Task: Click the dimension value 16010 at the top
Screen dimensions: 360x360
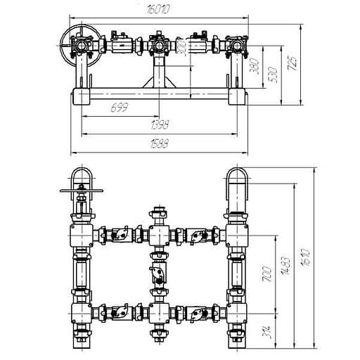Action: pos(157,10)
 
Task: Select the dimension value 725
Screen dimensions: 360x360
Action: pos(292,63)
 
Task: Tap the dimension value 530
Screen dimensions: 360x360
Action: pos(273,75)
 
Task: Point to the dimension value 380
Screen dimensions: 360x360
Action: pos(255,66)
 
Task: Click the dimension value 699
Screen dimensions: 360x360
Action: pos(120,108)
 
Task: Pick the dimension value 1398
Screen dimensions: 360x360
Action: pos(160,124)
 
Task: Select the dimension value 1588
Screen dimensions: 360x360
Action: pos(160,143)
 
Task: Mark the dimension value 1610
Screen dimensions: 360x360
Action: pos(305,257)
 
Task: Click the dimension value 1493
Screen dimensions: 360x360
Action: pos(285,265)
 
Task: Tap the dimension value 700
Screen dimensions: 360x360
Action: pos(267,274)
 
